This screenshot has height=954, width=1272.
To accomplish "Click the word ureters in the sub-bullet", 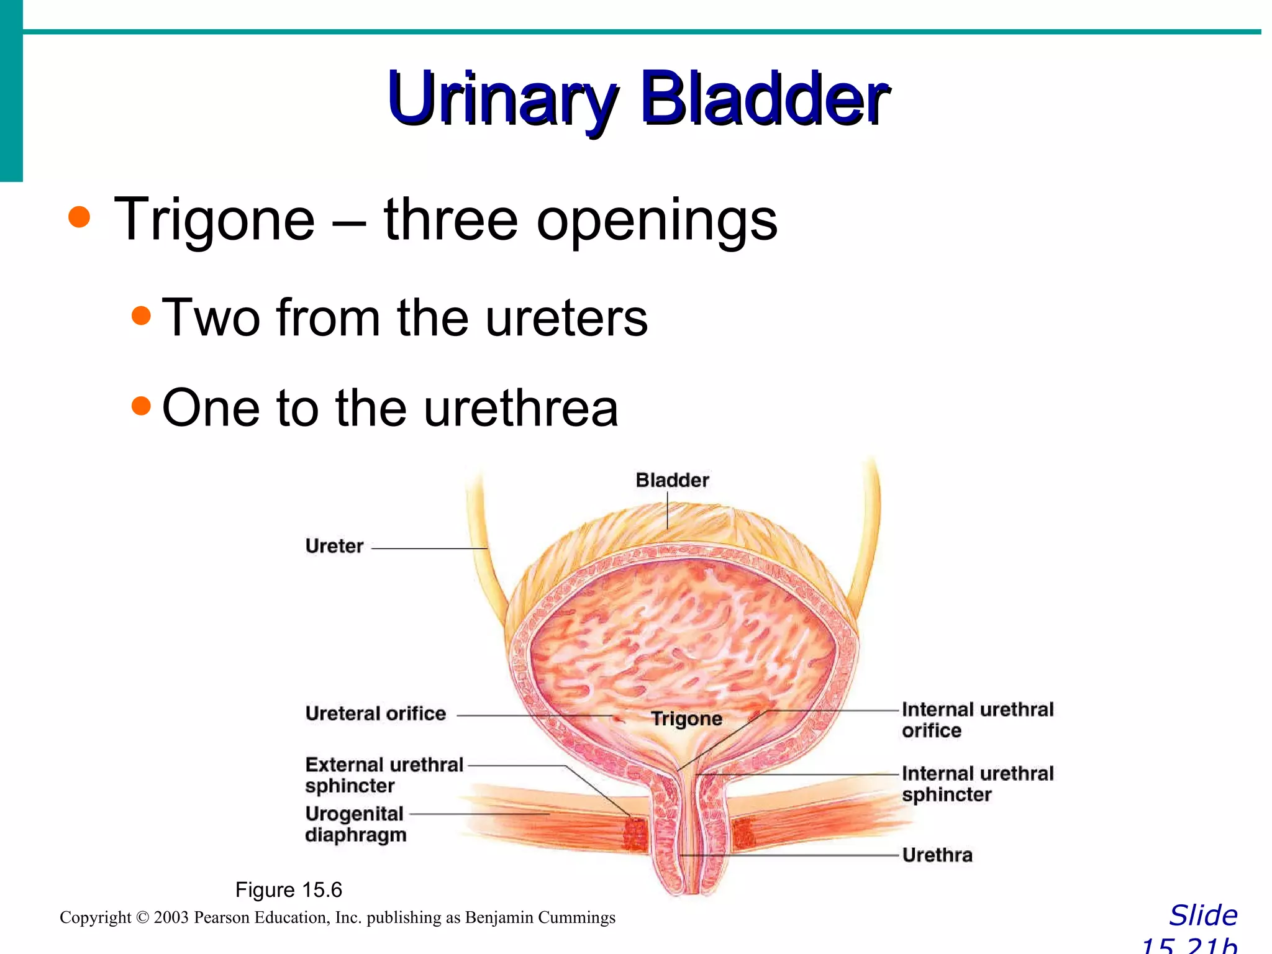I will [x=566, y=318].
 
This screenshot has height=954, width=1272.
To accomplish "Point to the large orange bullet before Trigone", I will [x=79, y=217].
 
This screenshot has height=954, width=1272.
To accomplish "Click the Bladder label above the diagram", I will [x=672, y=480].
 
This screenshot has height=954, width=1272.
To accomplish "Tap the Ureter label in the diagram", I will [x=334, y=546].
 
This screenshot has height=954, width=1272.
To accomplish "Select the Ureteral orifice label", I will [x=375, y=714].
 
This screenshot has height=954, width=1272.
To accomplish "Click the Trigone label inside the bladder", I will [x=686, y=719].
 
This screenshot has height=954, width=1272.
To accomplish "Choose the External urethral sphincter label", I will [x=383, y=775].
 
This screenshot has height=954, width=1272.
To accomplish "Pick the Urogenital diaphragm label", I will [x=355, y=824].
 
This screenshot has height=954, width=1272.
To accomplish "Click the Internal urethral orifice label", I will [x=977, y=720].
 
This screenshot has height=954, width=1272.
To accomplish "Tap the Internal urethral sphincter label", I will [x=977, y=784].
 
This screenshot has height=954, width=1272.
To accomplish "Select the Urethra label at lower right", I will [x=937, y=855].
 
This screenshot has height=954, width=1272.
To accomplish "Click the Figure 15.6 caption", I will [x=288, y=890].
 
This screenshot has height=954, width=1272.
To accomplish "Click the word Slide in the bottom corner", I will [x=1203, y=915].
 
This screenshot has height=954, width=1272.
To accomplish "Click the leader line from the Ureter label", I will [x=429, y=548].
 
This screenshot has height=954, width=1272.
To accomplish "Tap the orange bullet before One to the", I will [x=142, y=406].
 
